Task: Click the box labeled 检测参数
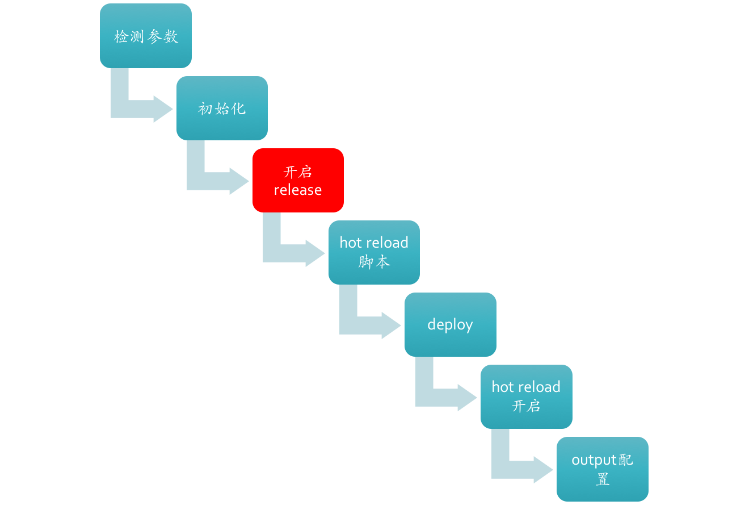pyautogui.click(x=146, y=36)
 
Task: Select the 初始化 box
pyautogui.click(x=222, y=108)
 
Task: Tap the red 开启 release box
pyautogui.click(x=298, y=180)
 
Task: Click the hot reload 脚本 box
pyautogui.click(x=374, y=252)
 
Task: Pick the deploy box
pyautogui.click(x=450, y=324)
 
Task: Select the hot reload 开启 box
pyautogui.click(x=526, y=397)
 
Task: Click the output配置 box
pyautogui.click(x=602, y=469)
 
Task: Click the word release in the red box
pyautogui.click(x=298, y=190)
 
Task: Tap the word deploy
pyautogui.click(x=450, y=325)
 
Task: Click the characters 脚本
pyautogui.click(x=374, y=262)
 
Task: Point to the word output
pyautogui.click(x=594, y=460)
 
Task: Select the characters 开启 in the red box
pyautogui.click(x=298, y=172)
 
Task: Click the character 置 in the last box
pyautogui.click(x=602, y=479)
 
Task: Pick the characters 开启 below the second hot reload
pyautogui.click(x=526, y=406)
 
